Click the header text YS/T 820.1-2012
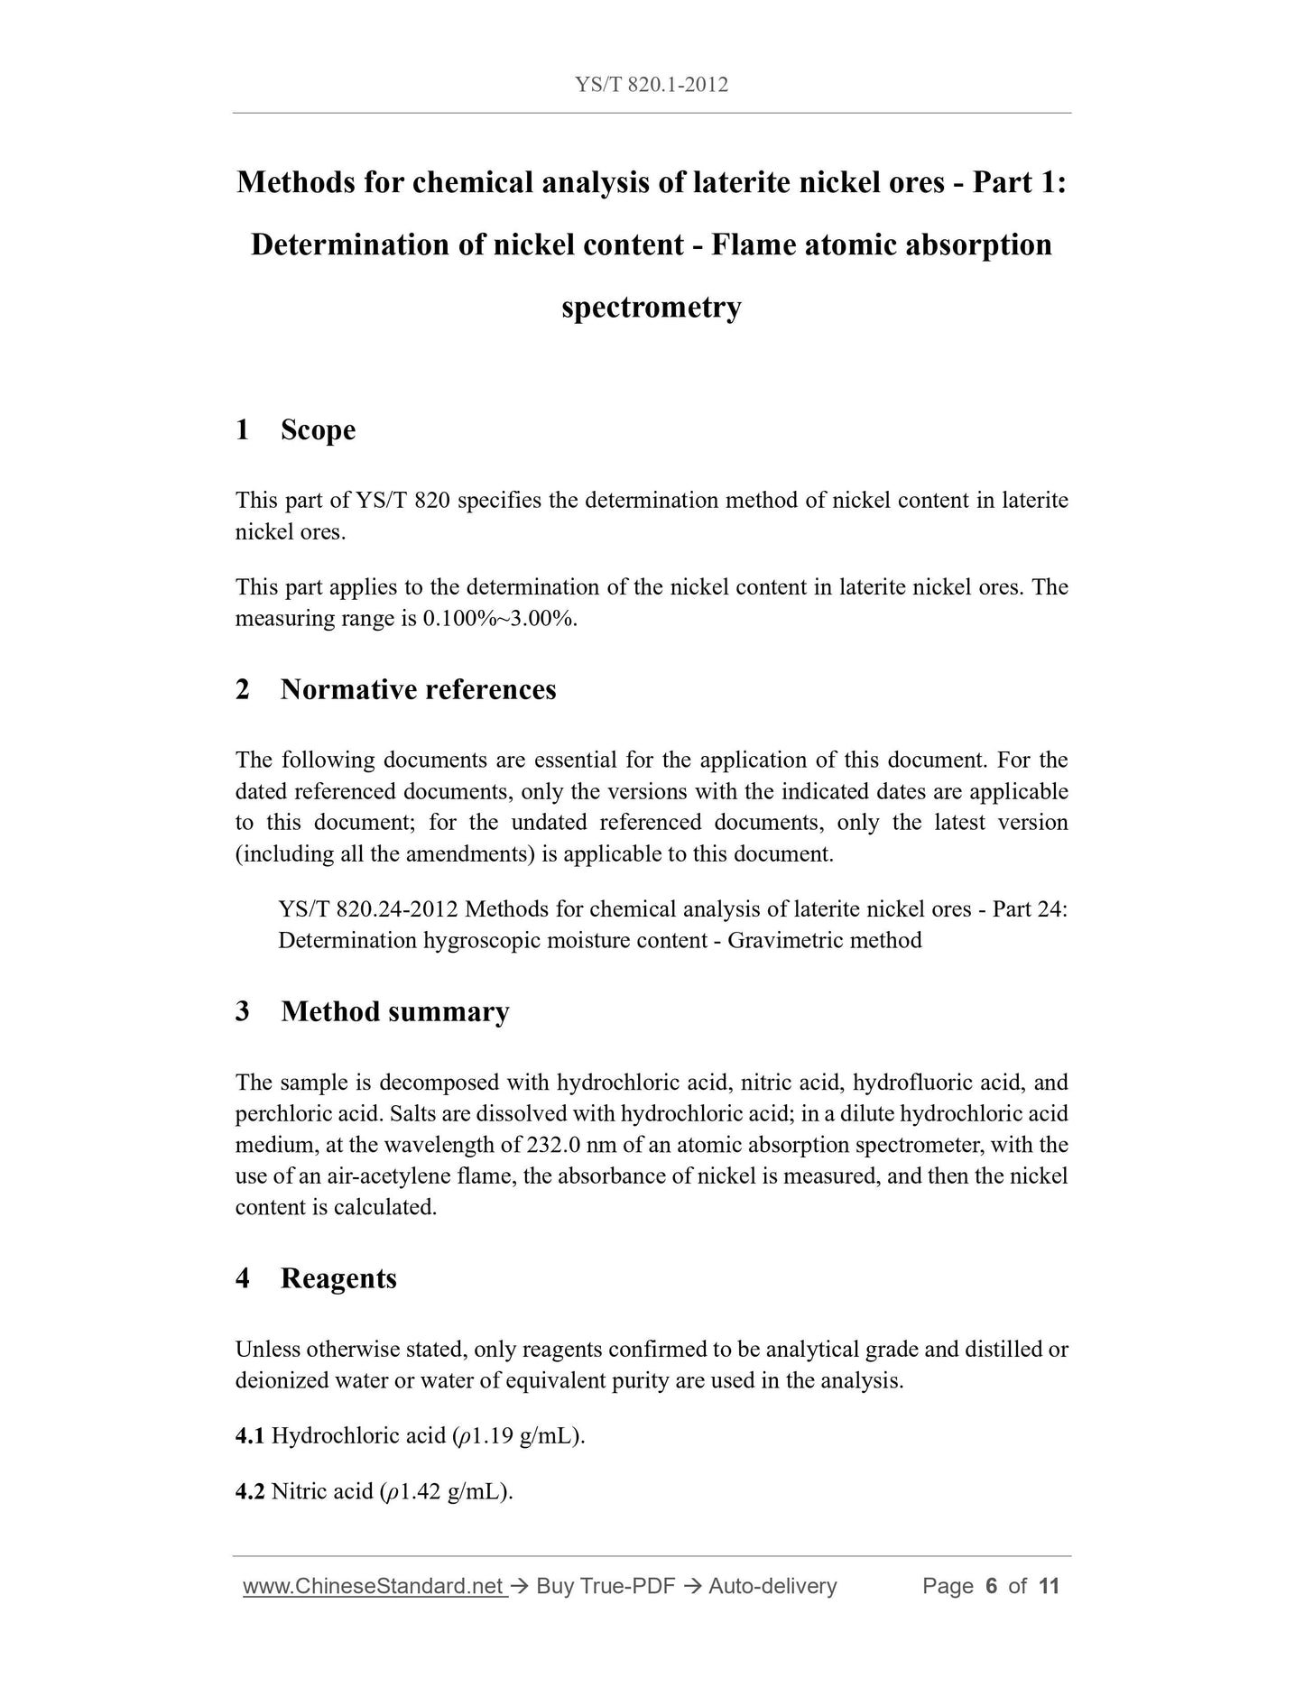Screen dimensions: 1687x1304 tap(652, 85)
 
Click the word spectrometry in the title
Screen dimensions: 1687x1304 tap(652, 308)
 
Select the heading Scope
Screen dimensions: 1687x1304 tap(318, 429)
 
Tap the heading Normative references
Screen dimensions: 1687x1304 tap(418, 689)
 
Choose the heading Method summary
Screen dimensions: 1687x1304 tap(395, 1011)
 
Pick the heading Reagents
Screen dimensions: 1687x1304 tap(338, 1278)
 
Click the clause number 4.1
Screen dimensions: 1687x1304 tap(249, 1436)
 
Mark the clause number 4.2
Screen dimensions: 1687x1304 tap(249, 1492)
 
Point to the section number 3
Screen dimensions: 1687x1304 tap(242, 1011)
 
